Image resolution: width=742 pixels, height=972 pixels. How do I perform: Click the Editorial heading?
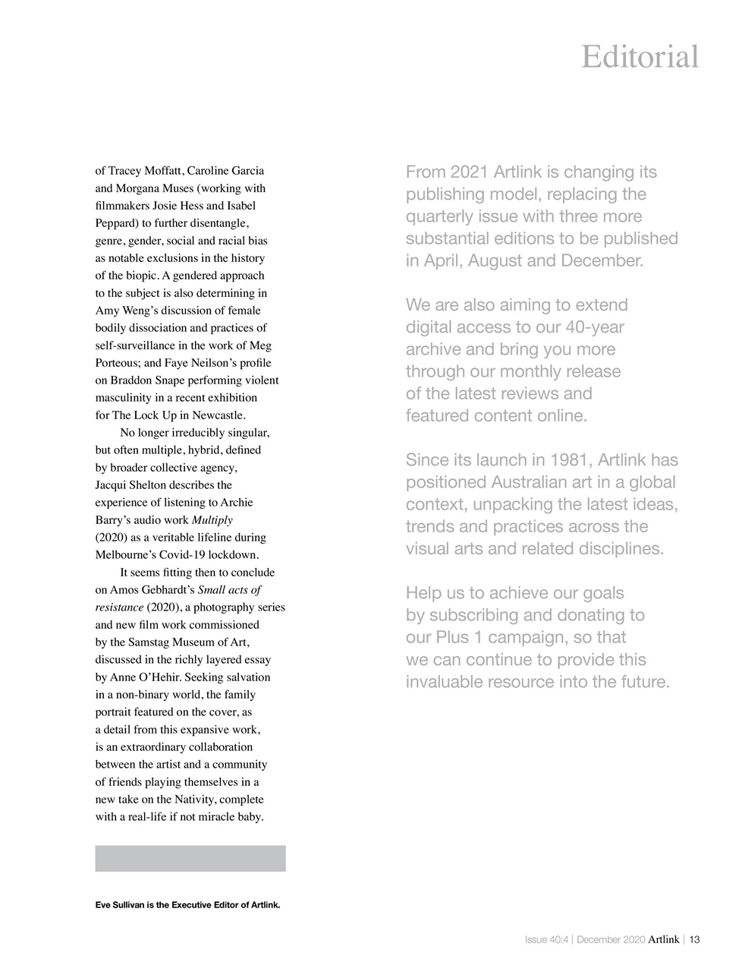[x=640, y=57]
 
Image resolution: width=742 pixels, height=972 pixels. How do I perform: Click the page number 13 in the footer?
[x=694, y=939]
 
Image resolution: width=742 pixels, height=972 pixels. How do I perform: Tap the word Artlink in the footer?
[x=664, y=939]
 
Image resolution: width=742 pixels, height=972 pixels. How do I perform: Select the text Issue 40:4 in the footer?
[x=545, y=939]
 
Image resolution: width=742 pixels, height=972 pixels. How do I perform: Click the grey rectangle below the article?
[x=190, y=858]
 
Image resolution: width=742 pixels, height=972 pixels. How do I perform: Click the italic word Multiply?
[x=212, y=520]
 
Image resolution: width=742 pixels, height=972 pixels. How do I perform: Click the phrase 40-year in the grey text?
[x=595, y=327]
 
